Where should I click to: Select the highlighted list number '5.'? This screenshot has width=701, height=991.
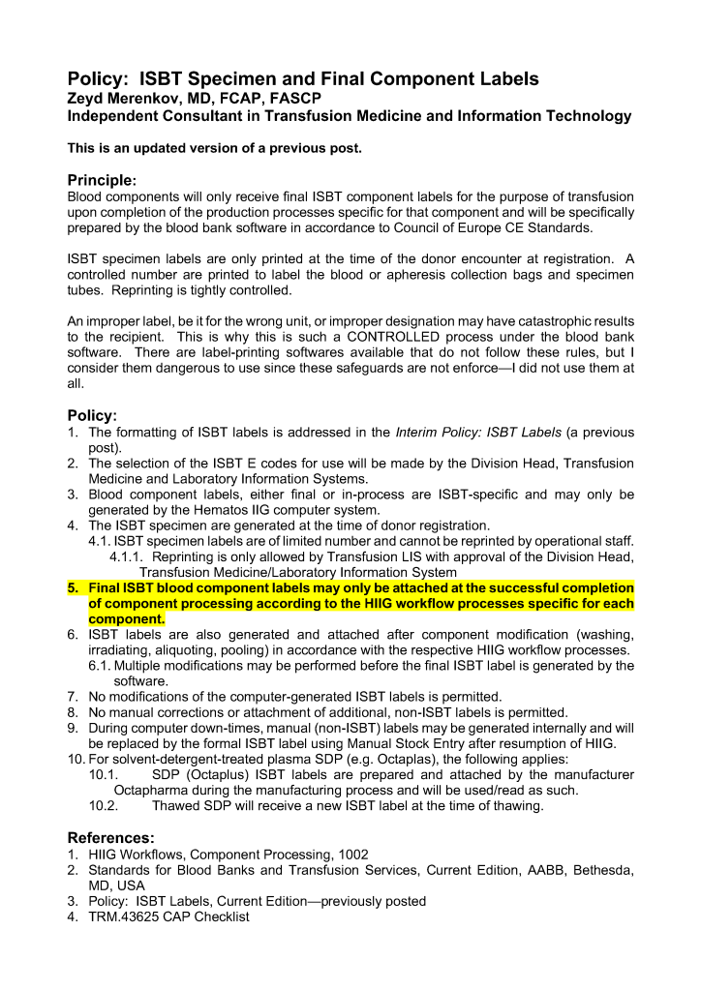75,587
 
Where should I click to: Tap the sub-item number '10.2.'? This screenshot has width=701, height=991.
103,805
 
